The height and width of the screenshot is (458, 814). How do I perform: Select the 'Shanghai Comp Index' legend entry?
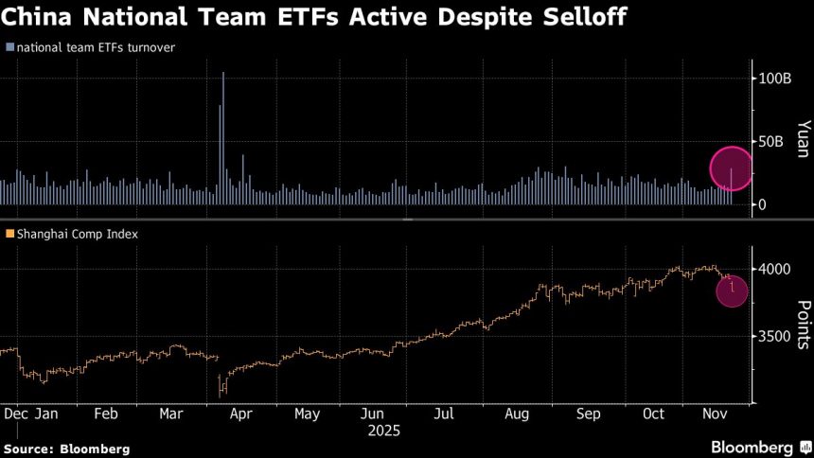pyautogui.click(x=74, y=233)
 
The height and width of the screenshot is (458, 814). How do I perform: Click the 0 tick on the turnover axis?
pyautogui.click(x=762, y=204)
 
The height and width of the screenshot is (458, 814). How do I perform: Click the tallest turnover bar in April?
pyautogui.click(x=223, y=132)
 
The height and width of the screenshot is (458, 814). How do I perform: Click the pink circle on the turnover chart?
pyautogui.click(x=731, y=169)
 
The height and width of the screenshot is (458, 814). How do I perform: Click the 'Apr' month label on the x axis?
pyautogui.click(x=241, y=414)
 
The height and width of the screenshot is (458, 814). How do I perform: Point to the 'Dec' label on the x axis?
pyautogui.click(x=16, y=414)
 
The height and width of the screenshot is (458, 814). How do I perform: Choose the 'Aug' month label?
pyautogui.click(x=517, y=414)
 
